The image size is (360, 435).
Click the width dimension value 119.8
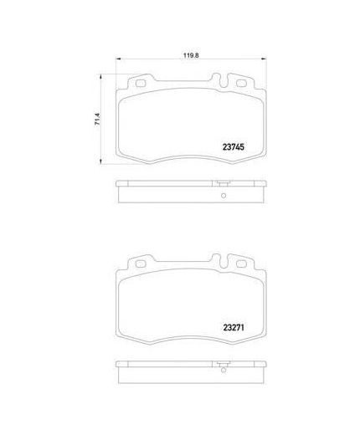191,55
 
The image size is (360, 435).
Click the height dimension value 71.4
97,119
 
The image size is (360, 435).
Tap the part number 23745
234,147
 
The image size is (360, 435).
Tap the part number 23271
234,328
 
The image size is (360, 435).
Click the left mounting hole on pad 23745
140,84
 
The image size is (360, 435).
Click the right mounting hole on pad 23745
241,83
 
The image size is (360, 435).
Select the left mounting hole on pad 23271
140,264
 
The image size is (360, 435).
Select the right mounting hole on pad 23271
241,264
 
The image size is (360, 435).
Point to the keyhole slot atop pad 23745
224,82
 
